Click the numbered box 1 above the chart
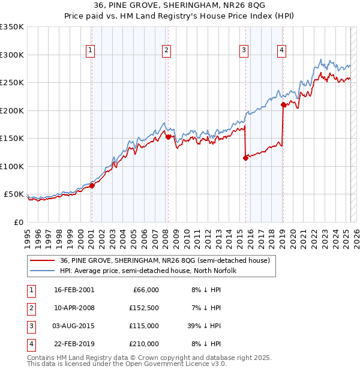pyautogui.click(x=89, y=51)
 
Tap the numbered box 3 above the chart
pyautogui.click(x=244, y=51)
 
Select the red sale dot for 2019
pyautogui.click(x=283, y=105)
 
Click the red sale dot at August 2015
pyautogui.click(x=245, y=158)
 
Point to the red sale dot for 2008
pyautogui.click(x=168, y=137)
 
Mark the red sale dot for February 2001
pyautogui.click(x=92, y=185)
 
